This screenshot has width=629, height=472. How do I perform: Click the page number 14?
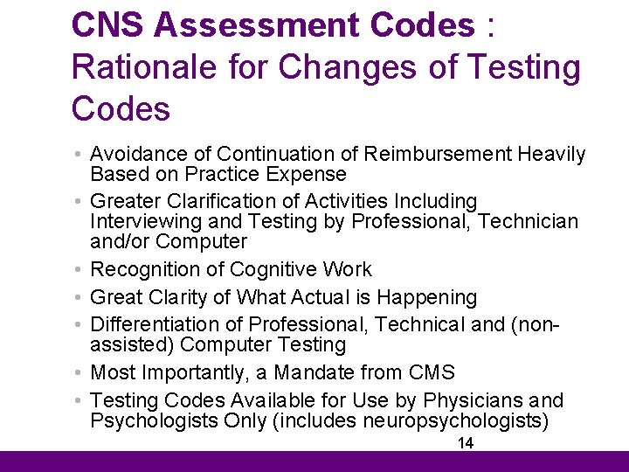[x=466, y=443]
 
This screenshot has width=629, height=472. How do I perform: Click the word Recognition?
[x=145, y=269]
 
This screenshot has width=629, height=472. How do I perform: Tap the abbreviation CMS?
[x=432, y=373]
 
